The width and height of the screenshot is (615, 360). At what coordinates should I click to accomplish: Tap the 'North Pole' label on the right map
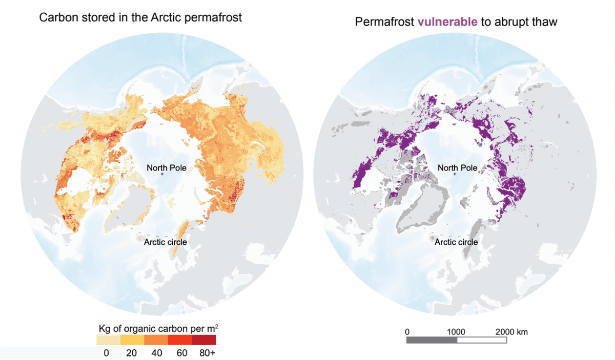pyautogui.click(x=457, y=167)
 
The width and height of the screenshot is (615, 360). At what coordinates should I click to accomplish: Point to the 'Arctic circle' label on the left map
pyautogui.click(x=166, y=242)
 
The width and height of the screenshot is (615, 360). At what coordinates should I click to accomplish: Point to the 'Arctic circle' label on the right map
pyautogui.click(x=456, y=242)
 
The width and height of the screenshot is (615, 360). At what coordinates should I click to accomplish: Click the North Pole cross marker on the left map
pyautogui.click(x=162, y=175)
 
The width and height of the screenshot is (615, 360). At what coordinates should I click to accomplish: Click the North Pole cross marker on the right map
pyautogui.click(x=454, y=175)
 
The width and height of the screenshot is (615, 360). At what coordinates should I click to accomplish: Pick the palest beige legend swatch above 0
pyautogui.click(x=108, y=340)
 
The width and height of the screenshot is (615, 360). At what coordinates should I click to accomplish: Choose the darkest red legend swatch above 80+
pyautogui.click(x=204, y=340)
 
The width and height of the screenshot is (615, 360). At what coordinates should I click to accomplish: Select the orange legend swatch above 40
pyautogui.click(x=156, y=340)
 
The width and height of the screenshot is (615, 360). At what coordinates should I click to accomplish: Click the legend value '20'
pyautogui.click(x=131, y=353)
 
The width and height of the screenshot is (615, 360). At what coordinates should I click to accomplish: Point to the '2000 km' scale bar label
pyautogui.click(x=511, y=331)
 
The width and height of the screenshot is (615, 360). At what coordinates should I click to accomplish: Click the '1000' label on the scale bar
pyautogui.click(x=456, y=331)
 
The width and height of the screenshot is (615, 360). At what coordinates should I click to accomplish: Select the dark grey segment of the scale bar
pyautogui.click(x=432, y=340)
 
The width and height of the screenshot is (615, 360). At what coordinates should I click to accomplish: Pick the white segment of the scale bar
pyautogui.click(x=481, y=340)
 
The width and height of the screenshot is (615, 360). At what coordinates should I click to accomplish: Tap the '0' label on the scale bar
pyautogui.click(x=407, y=331)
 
